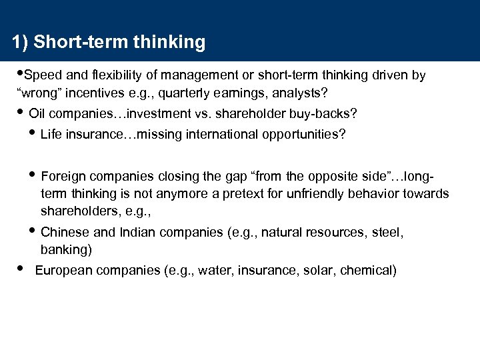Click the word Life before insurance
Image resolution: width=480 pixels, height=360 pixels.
coord(51,135)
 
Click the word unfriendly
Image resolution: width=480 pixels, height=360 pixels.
coord(316,193)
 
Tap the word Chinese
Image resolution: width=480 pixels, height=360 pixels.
coord(63,233)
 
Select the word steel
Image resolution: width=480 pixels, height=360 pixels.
coord(389,233)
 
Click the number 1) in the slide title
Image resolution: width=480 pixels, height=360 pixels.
coord(20,43)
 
